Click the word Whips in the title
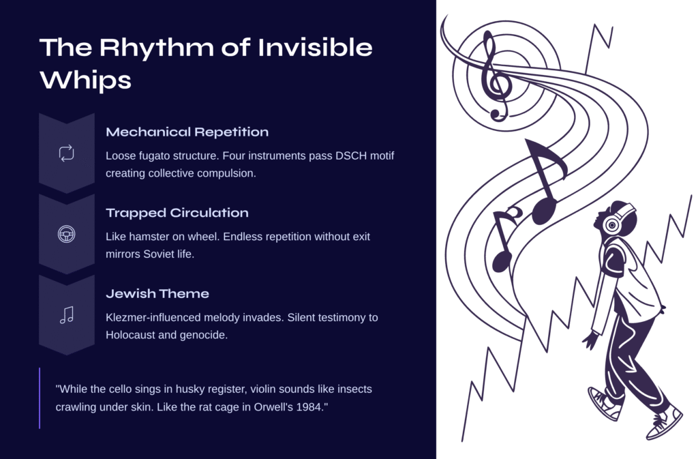tap(85, 80)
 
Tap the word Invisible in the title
tap(315, 47)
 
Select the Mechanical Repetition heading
tap(187, 132)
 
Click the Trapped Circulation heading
tap(177, 213)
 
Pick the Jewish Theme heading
tap(157, 293)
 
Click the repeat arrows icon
tap(67, 153)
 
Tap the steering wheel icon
tap(67, 234)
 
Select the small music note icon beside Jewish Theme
tap(67, 315)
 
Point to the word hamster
tap(149, 237)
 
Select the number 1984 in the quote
tap(312, 407)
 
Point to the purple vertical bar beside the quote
tap(40, 398)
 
